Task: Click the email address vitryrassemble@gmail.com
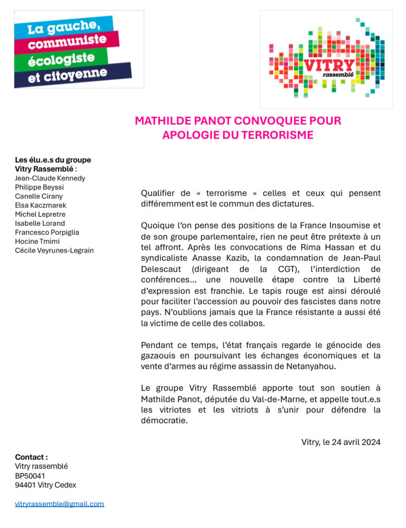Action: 59,504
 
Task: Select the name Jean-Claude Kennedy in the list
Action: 50,178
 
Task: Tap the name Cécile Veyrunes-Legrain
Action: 54,251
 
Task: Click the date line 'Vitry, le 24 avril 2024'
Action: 341,442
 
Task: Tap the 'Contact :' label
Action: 31,457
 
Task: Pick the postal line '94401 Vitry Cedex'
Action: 45,485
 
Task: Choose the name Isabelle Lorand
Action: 40,223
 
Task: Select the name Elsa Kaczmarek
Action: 40,205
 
